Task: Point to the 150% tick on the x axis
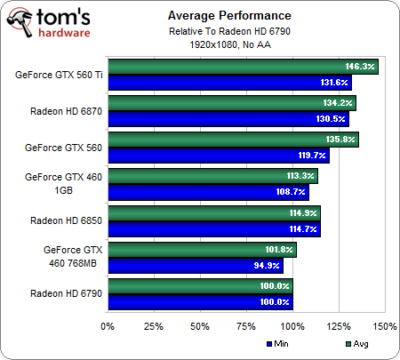[x=385, y=325]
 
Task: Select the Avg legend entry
[x=356, y=344]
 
